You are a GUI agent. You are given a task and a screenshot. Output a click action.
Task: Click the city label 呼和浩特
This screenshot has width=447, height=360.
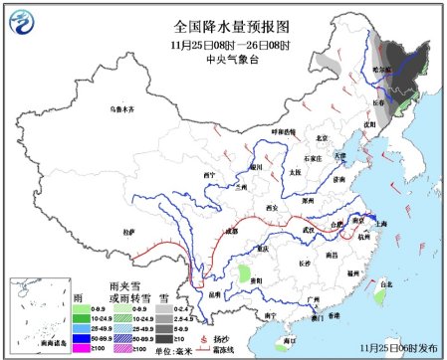[x=284, y=131]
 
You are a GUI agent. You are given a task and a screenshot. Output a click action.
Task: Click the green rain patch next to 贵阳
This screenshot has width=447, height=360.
[x=245, y=271]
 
